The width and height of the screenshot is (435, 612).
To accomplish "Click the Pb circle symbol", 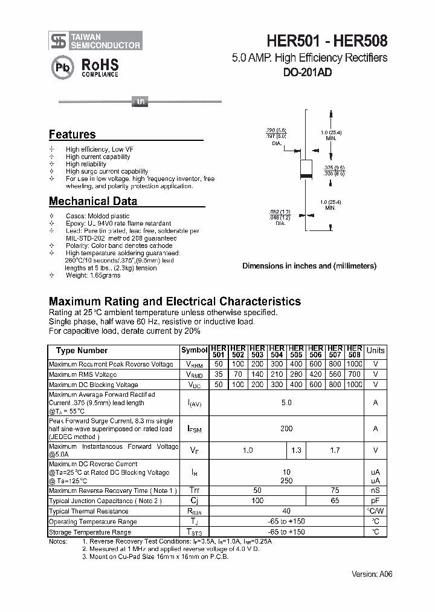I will (62, 68).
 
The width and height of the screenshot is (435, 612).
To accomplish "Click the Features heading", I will (72, 134).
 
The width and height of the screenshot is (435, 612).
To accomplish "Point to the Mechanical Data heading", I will (92, 201).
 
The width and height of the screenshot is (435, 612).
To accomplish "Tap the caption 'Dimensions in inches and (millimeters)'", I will (309, 265).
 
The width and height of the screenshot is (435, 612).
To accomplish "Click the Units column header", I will (375, 351).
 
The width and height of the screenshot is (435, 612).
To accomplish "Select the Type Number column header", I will (82, 351).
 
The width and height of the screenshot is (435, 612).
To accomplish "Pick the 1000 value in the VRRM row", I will (355, 365).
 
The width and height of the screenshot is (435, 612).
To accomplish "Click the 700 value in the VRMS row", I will (355, 374).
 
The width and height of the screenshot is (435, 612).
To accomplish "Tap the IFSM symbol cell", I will (194, 429).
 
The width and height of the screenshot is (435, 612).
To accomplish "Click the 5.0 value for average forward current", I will (286, 402).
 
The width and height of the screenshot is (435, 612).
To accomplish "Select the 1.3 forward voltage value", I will (296, 450).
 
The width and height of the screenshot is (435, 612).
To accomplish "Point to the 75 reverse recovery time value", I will (335, 490).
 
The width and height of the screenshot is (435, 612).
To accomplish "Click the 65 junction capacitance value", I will (335, 501).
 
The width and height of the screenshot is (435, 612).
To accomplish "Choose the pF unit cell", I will (375, 501).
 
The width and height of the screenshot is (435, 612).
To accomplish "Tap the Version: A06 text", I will (372, 574).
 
